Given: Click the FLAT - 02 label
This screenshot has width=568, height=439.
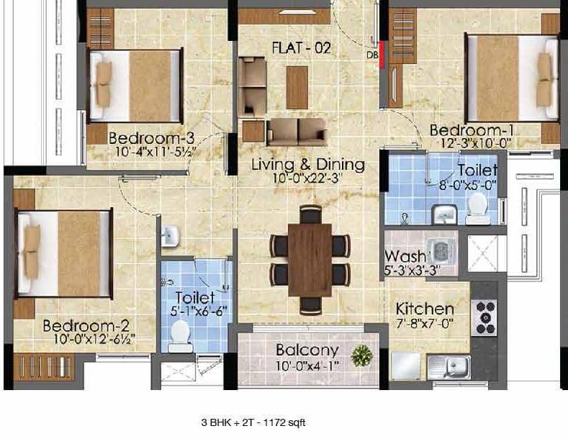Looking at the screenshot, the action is [302, 47].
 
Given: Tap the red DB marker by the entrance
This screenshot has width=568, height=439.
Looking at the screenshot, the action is [382, 54].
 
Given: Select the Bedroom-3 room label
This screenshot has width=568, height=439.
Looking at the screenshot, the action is [151, 138].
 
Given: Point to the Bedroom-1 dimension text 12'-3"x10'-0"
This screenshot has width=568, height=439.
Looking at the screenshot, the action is [476, 143].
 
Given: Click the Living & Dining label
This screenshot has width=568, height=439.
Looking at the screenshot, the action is [308, 165].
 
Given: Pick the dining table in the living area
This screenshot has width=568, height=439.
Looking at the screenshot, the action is [310, 260].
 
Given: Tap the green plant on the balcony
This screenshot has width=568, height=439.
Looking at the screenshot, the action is [362, 355].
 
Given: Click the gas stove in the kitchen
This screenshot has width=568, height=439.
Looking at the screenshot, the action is [484, 317].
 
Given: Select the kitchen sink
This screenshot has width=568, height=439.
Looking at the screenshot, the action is [448, 367].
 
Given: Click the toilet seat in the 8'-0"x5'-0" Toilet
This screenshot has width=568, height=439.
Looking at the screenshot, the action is [477, 209].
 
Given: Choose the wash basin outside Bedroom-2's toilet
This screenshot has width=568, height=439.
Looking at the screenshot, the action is [169, 236].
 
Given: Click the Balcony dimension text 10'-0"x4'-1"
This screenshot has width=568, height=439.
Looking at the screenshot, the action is [307, 366].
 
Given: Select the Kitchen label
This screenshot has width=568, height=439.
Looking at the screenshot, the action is [425, 309].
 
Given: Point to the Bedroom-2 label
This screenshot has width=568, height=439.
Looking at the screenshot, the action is [86, 326].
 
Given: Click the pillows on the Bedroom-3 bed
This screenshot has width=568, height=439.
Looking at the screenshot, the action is [104, 85].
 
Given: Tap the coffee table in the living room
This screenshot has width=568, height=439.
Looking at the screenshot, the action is [297, 87].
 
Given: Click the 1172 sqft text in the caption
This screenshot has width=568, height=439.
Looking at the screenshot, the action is [285, 422].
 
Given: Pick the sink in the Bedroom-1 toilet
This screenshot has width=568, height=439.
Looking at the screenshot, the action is [444, 214].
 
